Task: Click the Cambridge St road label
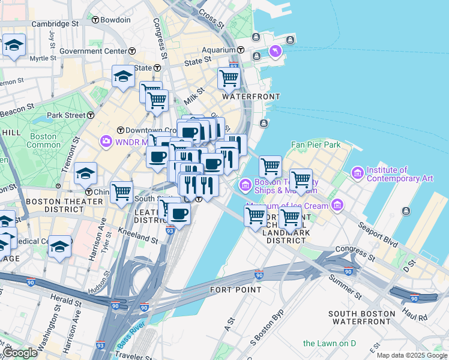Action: pos(55,24)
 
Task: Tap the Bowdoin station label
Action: pos(115,20)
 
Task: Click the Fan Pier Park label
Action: pos(315,145)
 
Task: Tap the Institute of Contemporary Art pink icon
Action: pos(358,173)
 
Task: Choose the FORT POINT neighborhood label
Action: pos(236,290)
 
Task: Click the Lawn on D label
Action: pos(330,343)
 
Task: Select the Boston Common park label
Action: pos(44,140)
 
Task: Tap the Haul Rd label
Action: pos(414,314)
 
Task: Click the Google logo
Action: pos(19,353)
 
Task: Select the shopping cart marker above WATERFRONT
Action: pos(229,77)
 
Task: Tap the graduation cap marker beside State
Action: pos(123,76)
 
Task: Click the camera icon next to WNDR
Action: pos(107,141)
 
